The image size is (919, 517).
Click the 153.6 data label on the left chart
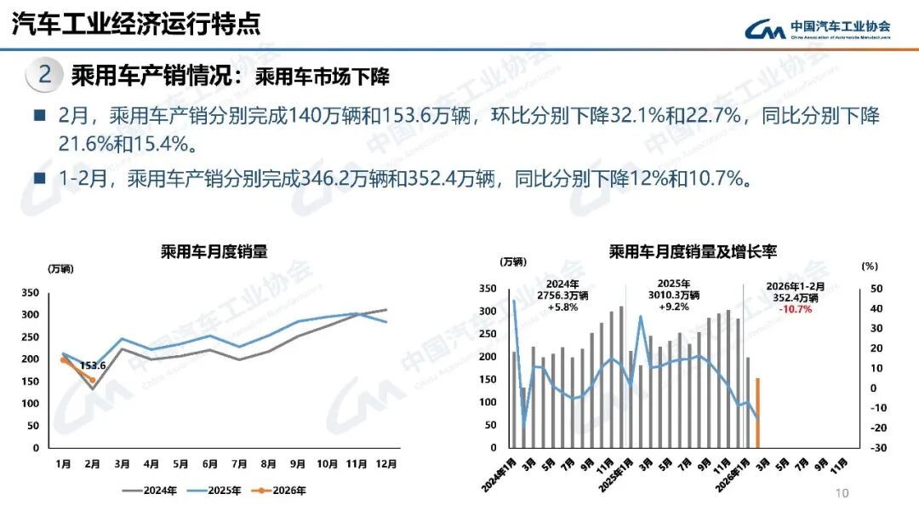click(x=93, y=366)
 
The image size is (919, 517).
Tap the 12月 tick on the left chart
click(x=386, y=464)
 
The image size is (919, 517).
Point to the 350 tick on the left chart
click(x=30, y=292)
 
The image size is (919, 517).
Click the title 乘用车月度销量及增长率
click(x=693, y=252)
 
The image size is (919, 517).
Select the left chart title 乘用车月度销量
click(x=214, y=251)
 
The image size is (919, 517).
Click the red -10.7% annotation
click(x=795, y=309)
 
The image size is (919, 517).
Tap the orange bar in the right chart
click(x=757, y=413)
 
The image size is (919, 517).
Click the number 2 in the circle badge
click(x=44, y=75)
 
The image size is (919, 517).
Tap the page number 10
click(x=842, y=493)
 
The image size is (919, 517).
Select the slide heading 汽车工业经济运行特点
click(x=135, y=23)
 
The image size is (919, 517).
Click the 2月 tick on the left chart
click(x=92, y=464)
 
